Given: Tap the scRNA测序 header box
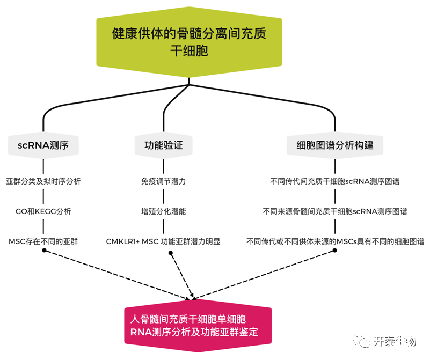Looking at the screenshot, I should pos(43,145).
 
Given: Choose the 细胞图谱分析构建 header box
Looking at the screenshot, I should pos(335,145).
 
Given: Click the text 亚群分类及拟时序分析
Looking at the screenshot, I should pos(43,181).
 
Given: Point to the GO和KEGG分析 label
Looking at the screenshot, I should pos(43,211).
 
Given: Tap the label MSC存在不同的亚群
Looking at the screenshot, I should pos(43,241).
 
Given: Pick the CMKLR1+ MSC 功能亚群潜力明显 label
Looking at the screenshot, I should pos(163,241).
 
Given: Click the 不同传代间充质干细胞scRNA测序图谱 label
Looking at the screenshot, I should pos(335,181).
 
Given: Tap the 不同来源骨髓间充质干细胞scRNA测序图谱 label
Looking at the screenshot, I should pos(335,211).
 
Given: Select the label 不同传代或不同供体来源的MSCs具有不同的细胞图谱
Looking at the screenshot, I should pos(335,241).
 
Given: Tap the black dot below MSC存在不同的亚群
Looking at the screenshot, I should pos(43,251).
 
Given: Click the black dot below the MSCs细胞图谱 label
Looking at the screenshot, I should pos(335,251).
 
